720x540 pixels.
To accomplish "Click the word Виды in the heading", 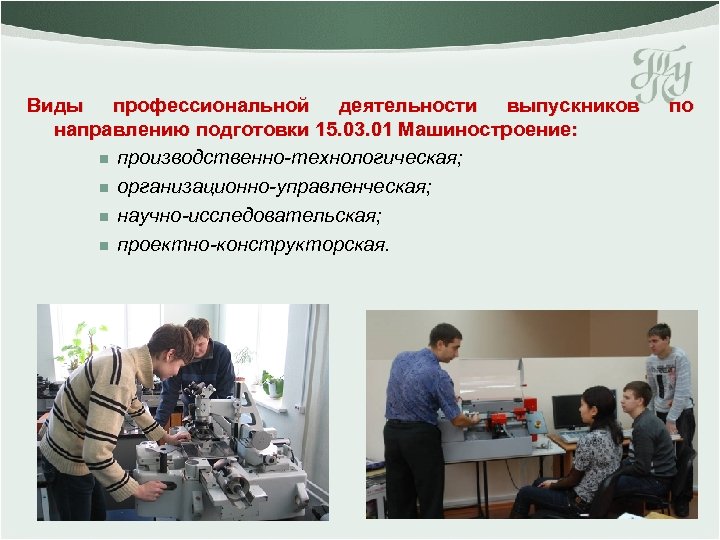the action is click(55, 106).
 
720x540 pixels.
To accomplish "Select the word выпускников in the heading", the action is click(573, 107).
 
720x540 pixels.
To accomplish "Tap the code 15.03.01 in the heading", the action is click(354, 130).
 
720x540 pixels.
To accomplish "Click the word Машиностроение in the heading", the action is click(487, 130).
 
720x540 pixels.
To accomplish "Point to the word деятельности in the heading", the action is click(408, 107).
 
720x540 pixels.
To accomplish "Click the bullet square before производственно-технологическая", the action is click(104, 159).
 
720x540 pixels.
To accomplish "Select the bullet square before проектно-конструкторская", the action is click(104, 246).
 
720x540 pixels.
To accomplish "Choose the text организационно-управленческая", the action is click(274, 187).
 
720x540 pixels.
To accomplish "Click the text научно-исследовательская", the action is click(249, 216).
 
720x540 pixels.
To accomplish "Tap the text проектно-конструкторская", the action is click(253, 245).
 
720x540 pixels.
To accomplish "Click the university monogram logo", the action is click(661, 74).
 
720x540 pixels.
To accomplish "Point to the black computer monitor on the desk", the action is click(568, 411).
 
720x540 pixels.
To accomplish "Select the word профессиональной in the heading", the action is click(211, 107).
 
